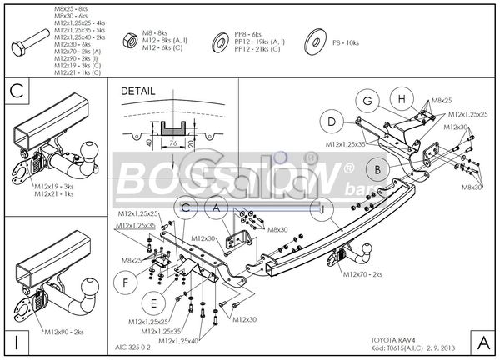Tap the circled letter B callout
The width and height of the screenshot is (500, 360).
click(x=377, y=169)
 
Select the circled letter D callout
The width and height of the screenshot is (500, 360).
click(x=332, y=122)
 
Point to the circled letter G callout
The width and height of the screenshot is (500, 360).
click(x=366, y=101)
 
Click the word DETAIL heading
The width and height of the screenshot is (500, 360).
click(x=138, y=91)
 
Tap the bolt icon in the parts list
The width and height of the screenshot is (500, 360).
click(x=31, y=39)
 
